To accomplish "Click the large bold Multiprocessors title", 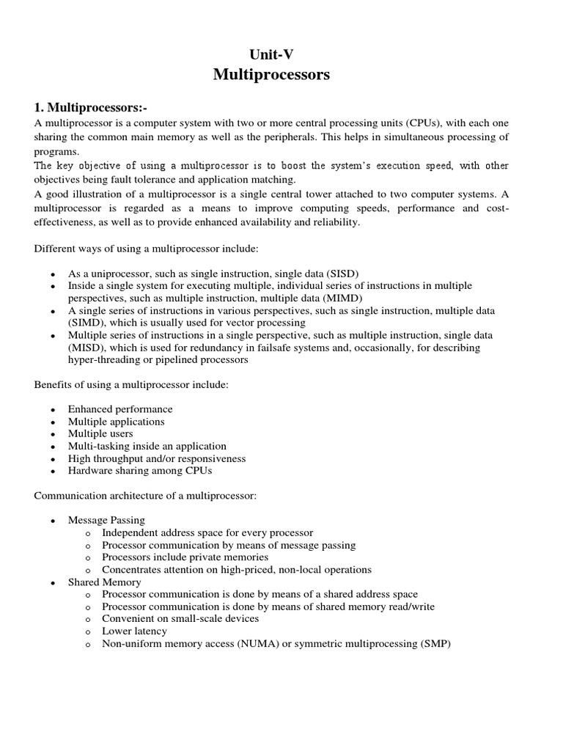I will [x=281, y=74].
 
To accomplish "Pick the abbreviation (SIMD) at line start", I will [x=87, y=323].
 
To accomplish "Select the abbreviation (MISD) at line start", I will [x=87, y=348].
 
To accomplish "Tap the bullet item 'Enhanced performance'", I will [x=120, y=409].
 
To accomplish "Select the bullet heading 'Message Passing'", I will [x=106, y=520].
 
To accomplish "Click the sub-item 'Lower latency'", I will [x=134, y=631].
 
